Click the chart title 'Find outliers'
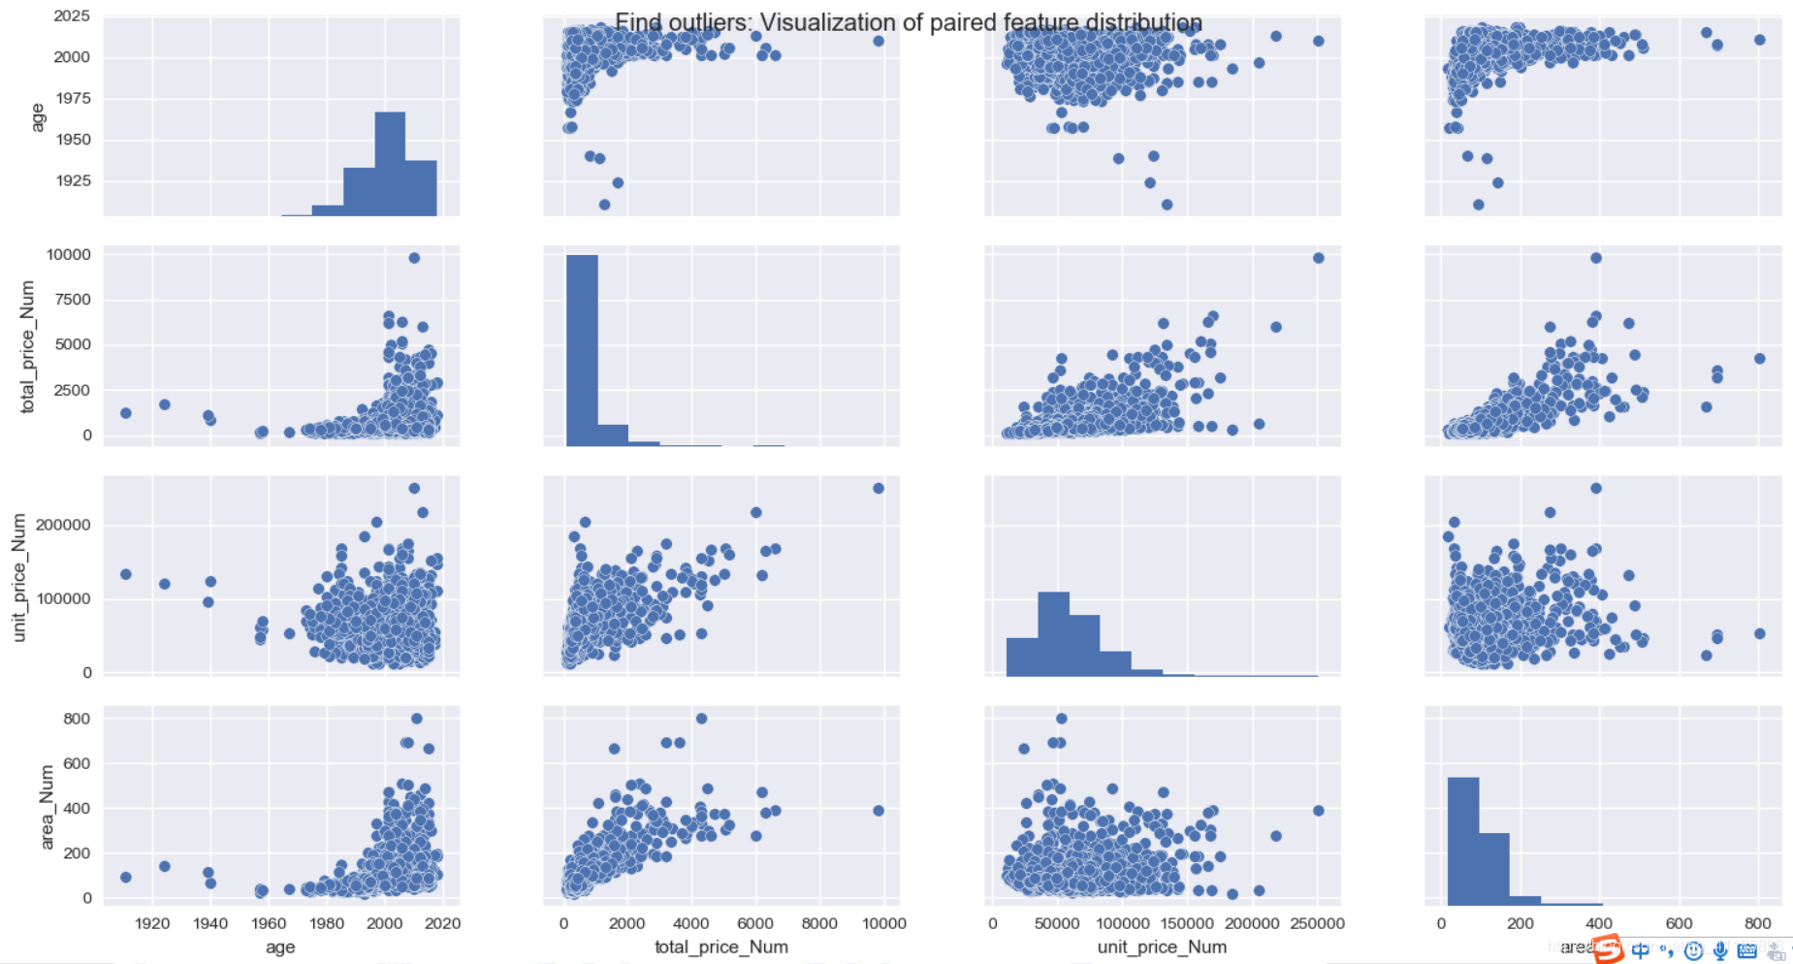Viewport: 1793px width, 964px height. pyautogui.click(x=908, y=22)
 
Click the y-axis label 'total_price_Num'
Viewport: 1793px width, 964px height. pyautogui.click(x=27, y=346)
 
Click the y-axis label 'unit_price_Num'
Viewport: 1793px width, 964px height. pyautogui.click(x=18, y=578)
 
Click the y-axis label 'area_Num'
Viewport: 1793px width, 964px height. pyautogui.click(x=47, y=807)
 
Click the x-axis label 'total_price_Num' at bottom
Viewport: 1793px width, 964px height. pyautogui.click(x=720, y=947)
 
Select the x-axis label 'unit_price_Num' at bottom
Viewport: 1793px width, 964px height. pyautogui.click(x=1162, y=947)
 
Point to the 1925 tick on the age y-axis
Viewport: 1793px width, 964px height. pyautogui.click(x=73, y=180)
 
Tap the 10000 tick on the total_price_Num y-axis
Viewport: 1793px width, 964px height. pyautogui.click(x=69, y=255)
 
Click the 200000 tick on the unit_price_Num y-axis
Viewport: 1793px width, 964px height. pyautogui.click(x=64, y=525)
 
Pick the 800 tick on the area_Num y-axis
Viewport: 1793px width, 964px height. pyautogui.click(x=77, y=719)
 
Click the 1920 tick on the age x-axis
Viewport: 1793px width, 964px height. pyautogui.click(x=152, y=923)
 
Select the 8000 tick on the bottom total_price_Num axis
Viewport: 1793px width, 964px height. pyautogui.click(x=819, y=923)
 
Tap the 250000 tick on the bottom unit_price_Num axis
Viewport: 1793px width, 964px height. pyautogui.click(x=1317, y=923)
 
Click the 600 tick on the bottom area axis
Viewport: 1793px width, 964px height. pyautogui.click(x=1679, y=923)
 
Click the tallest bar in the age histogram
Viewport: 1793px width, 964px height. pyautogui.click(x=390, y=164)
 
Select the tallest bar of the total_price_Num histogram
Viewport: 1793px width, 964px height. pyautogui.click(x=582, y=350)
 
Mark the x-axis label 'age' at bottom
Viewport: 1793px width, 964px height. pyautogui.click(x=280, y=947)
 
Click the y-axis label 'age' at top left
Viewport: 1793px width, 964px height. pyautogui.click(x=38, y=116)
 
